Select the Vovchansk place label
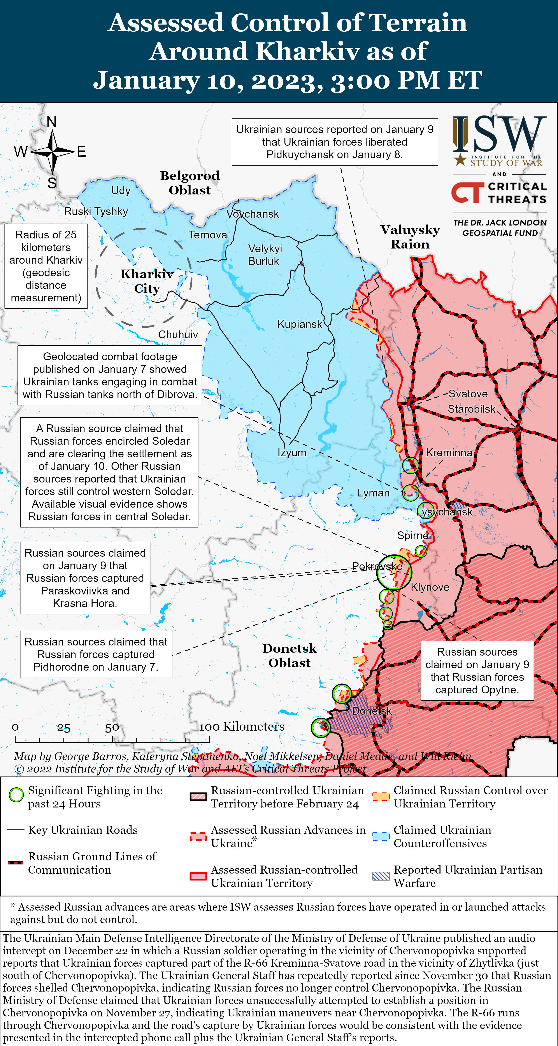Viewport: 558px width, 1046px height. tap(253, 214)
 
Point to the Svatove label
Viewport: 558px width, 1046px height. tap(468, 394)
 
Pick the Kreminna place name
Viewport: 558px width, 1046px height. tap(449, 453)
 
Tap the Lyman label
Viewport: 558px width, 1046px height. tap(373, 493)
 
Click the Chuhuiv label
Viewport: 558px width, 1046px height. tap(178, 335)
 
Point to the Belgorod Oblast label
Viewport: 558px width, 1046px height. tap(190, 183)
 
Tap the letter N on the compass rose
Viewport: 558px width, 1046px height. tap(52, 121)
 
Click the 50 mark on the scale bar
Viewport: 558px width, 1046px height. tap(112, 728)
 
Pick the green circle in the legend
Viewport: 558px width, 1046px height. tap(16, 795)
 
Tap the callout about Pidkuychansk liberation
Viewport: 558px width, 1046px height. tap(335, 142)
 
